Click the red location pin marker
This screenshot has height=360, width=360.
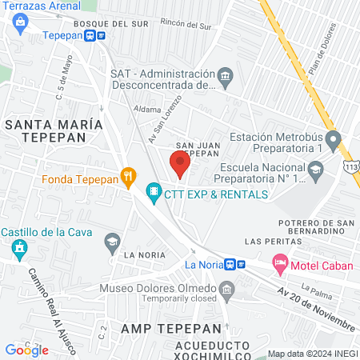180,165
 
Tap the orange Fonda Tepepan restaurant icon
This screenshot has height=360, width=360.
127,177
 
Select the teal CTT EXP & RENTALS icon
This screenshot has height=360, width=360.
153,192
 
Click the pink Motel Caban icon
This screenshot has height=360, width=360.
280,262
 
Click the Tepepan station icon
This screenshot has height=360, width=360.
96,35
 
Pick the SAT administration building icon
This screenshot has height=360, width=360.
226,78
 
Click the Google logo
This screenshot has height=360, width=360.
26,350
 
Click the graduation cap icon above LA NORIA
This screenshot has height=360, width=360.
112,240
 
